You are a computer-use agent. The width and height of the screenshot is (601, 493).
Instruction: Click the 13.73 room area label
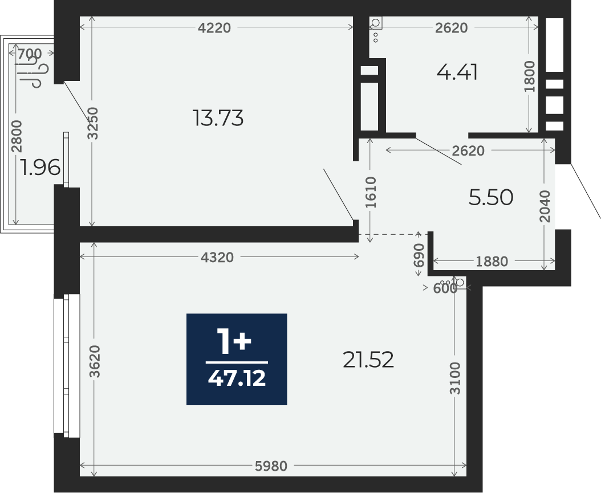tap(218, 118)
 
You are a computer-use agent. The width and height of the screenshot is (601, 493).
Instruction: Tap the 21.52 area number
tap(368, 360)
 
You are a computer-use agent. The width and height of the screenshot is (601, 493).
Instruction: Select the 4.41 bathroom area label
tap(457, 72)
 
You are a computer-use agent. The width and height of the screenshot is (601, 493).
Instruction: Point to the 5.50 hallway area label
tap(490, 198)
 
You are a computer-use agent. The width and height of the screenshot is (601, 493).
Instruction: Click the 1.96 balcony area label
tap(40, 168)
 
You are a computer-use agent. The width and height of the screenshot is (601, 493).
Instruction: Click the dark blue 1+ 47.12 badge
tap(237, 359)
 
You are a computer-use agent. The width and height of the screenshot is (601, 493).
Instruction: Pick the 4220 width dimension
tap(214, 27)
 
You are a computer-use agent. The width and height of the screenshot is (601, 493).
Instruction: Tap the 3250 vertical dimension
tap(93, 123)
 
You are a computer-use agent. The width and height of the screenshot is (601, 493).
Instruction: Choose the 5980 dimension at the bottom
tap(271, 466)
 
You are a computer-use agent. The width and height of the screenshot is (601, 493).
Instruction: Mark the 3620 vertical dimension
tap(94, 361)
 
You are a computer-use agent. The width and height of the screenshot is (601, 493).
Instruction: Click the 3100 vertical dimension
tap(455, 378)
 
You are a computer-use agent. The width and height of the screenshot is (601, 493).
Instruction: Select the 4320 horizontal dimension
tap(217, 258)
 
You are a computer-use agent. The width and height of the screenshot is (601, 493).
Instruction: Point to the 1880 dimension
tap(492, 261)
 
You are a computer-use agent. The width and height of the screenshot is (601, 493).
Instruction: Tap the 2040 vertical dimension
tap(545, 206)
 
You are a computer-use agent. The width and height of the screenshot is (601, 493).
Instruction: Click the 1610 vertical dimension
tap(371, 192)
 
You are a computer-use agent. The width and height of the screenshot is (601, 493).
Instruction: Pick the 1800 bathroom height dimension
tap(529, 76)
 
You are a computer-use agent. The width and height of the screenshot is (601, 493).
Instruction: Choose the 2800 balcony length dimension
tap(17, 136)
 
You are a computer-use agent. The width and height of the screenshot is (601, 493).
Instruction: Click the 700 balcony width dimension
tap(30, 54)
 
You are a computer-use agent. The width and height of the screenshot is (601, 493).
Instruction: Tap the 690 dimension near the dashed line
tap(419, 255)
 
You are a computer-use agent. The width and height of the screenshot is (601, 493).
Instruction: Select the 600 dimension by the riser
tap(445, 288)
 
